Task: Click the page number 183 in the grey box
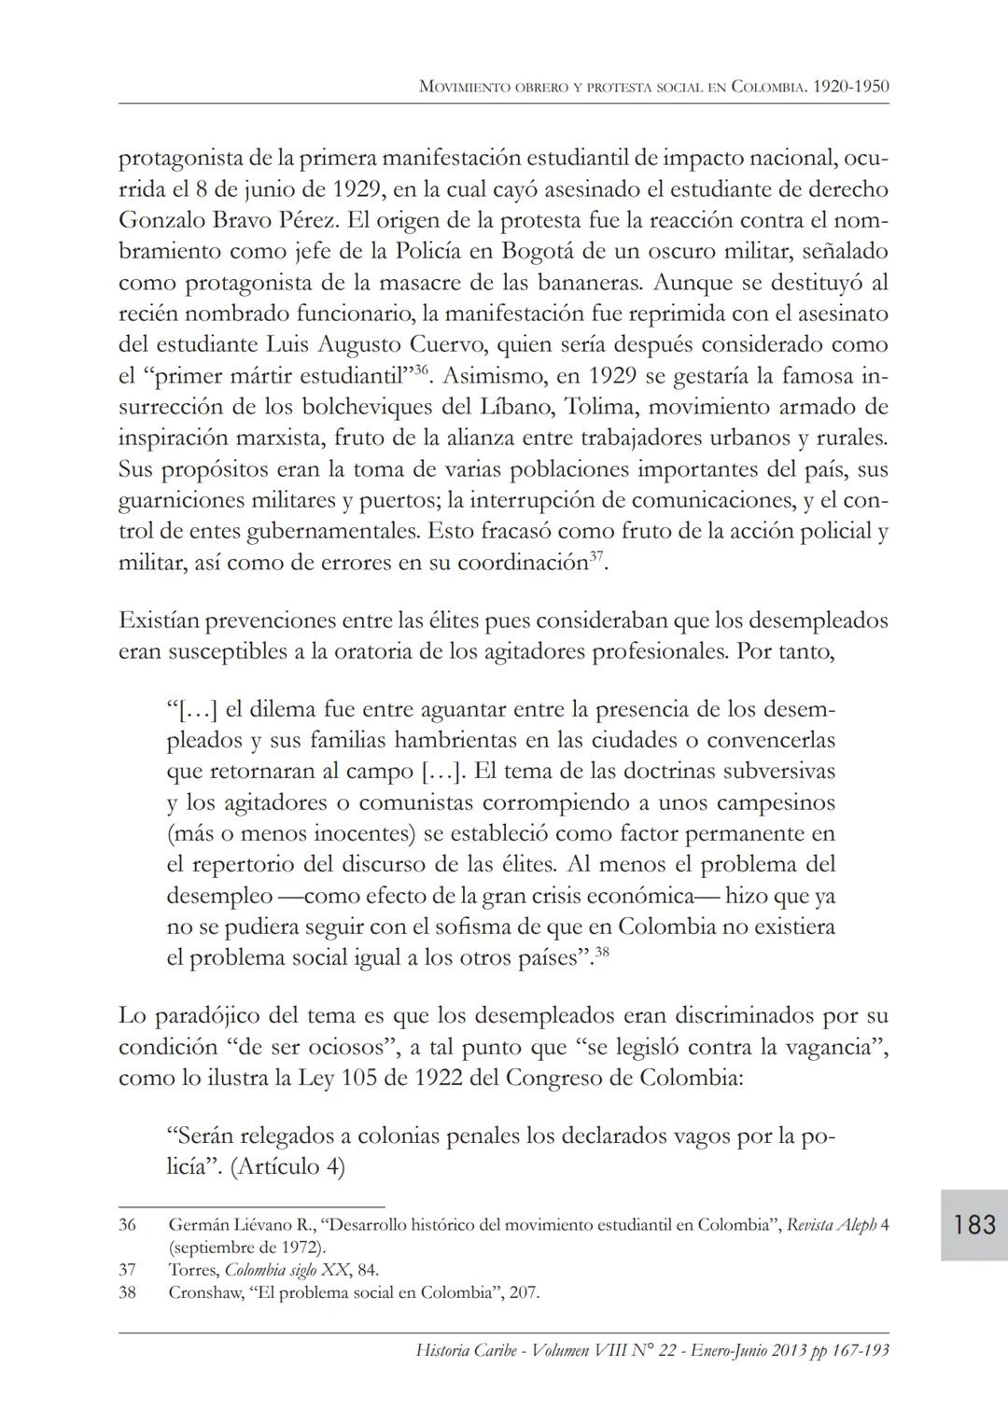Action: click(x=974, y=1224)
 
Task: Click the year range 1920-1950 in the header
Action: click(x=850, y=87)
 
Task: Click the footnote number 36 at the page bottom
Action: click(x=128, y=1224)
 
